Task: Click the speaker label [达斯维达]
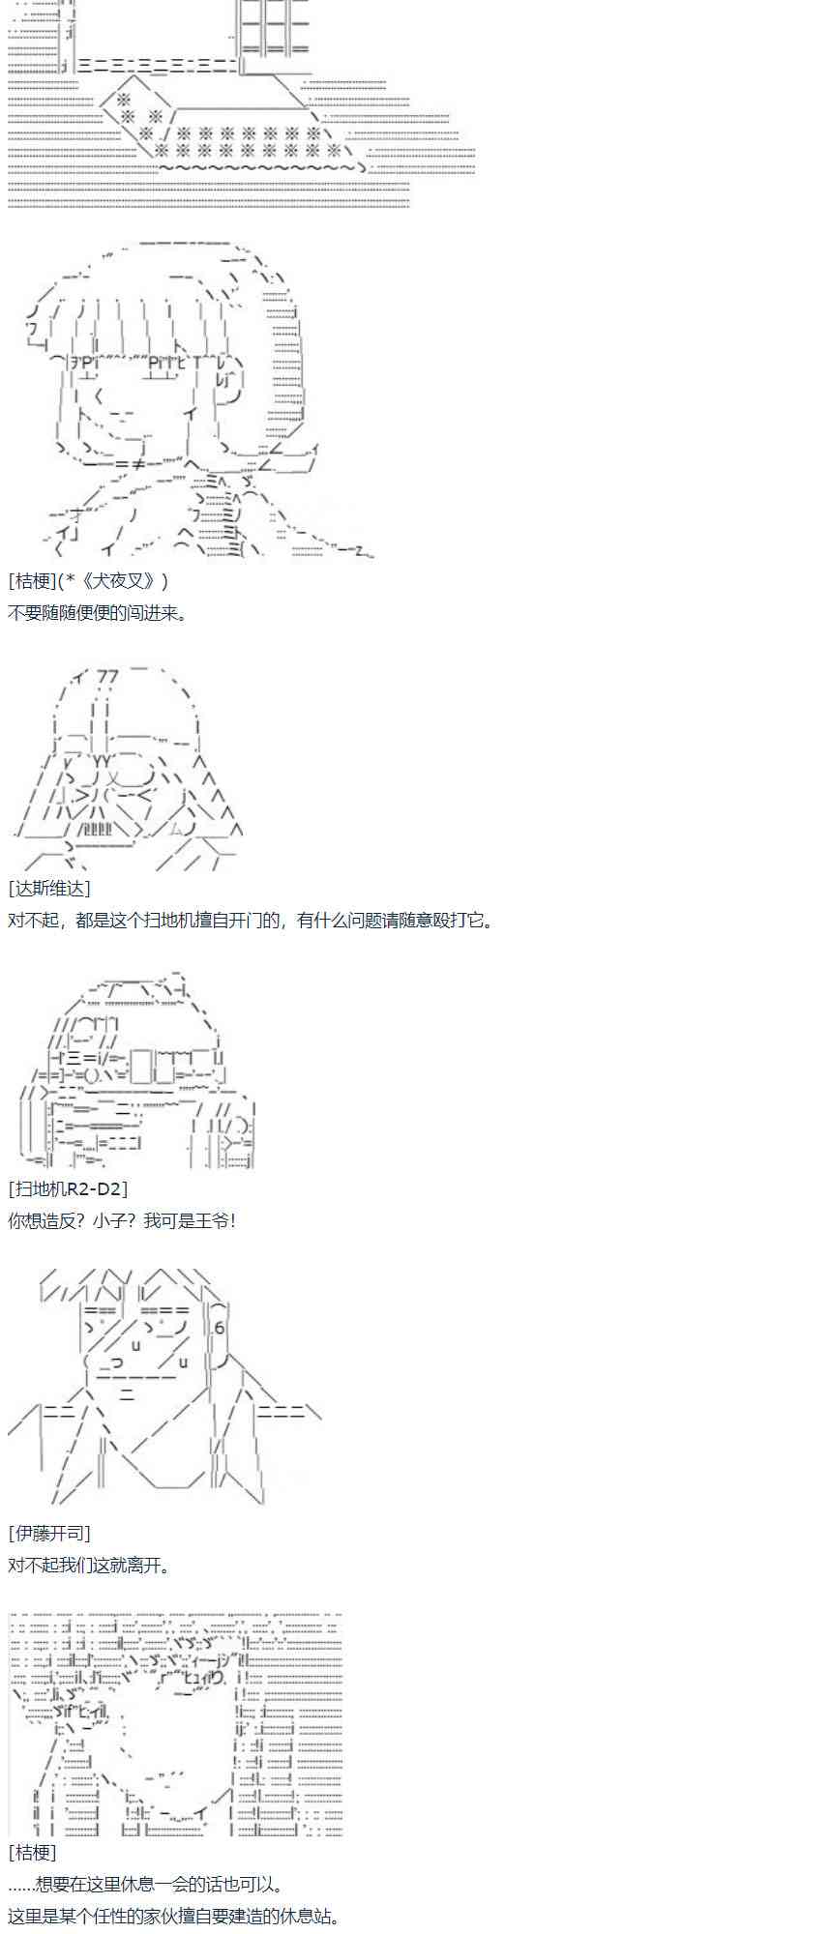(49, 888)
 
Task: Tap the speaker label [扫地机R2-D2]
(68, 1187)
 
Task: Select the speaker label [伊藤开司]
(49, 1533)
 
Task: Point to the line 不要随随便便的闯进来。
(98, 613)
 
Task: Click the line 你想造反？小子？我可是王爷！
(122, 1220)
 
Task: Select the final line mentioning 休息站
(174, 1917)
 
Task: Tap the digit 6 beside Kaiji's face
(220, 1328)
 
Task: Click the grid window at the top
(273, 26)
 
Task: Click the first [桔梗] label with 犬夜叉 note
(88, 580)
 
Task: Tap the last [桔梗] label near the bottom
(33, 1852)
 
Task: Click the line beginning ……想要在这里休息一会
(146, 1885)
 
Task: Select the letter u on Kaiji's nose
(135, 1345)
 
